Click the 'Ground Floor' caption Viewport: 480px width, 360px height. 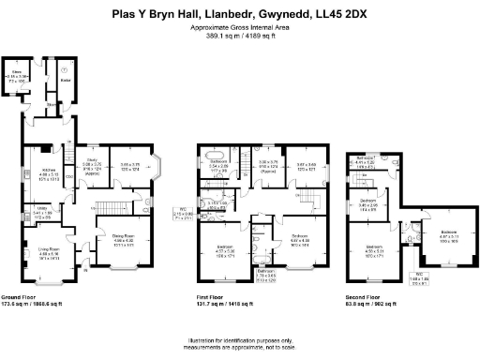click(35, 297)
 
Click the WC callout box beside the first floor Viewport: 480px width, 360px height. click(184, 213)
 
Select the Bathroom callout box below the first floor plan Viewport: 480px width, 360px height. click(265, 275)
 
